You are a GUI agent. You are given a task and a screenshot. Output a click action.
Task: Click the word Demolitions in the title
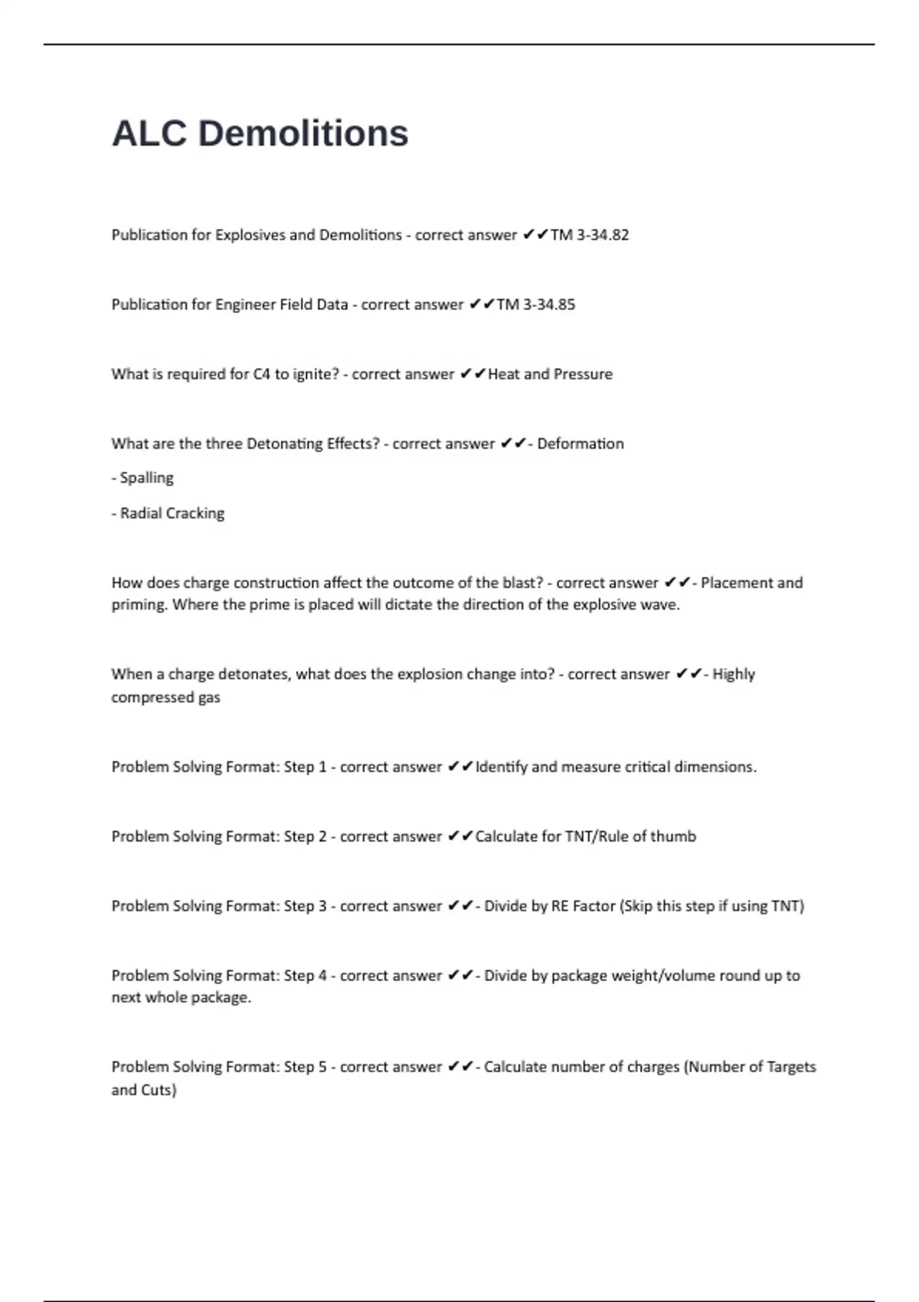click(x=303, y=133)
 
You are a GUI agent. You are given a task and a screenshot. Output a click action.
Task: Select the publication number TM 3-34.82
click(x=590, y=235)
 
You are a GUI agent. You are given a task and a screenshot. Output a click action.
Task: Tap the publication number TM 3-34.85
click(x=536, y=305)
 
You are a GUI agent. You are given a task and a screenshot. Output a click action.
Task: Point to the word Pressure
click(x=583, y=375)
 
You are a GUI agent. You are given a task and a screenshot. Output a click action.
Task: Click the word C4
click(x=262, y=375)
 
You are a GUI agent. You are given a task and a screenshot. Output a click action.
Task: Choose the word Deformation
click(x=581, y=444)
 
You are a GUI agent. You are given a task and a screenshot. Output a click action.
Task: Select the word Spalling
click(x=147, y=478)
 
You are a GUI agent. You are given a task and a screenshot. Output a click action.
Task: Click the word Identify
click(x=501, y=767)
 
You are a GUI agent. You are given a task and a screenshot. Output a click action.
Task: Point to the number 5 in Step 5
click(x=322, y=1068)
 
